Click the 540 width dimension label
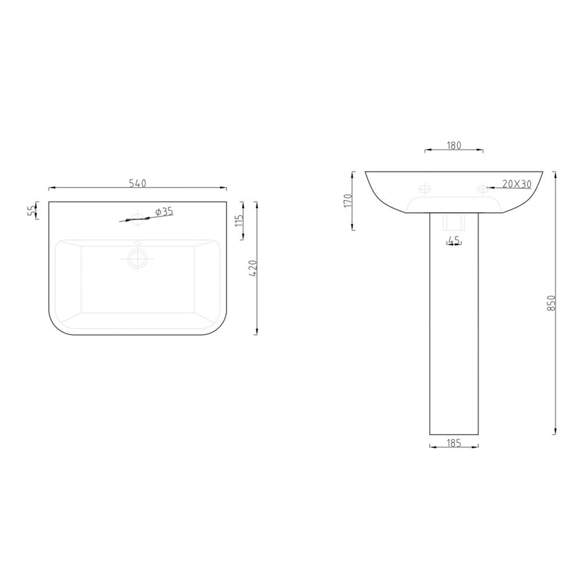click(138, 183)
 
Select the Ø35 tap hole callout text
click(165, 212)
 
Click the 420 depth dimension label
click(253, 268)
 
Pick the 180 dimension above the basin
click(454, 145)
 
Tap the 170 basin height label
click(348, 201)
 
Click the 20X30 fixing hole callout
click(517, 184)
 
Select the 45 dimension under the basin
click(454, 241)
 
